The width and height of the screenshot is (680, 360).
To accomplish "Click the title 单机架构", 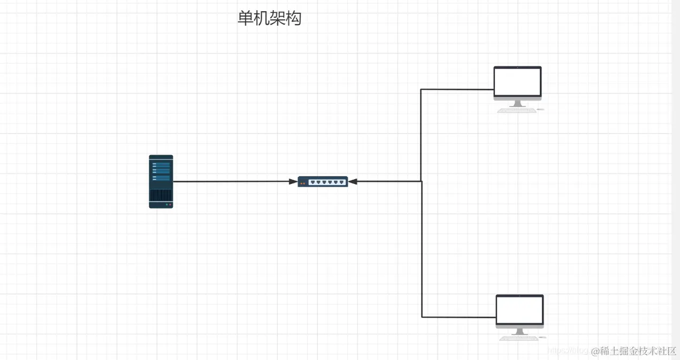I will pos(269,18).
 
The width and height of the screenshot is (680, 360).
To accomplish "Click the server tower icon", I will pos(161,181).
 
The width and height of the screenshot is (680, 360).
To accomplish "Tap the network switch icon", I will pos(323,182).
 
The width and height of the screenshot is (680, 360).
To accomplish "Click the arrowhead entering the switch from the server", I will pos(293,182).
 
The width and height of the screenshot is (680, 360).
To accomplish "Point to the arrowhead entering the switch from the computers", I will pos(353,182).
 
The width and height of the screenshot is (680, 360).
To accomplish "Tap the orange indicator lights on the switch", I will pos(302,183).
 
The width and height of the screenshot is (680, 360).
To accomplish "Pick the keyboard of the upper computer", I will pos(516,110).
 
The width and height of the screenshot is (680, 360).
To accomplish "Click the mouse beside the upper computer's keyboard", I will pos(540,110).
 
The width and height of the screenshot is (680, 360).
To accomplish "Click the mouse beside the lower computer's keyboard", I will pos(543,338).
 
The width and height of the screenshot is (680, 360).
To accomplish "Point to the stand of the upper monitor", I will pos(517,104).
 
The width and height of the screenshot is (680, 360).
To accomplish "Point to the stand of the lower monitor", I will pos(519,332).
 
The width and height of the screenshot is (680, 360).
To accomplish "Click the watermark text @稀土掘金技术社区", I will pos(633,351).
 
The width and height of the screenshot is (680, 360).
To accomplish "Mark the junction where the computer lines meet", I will pos(422,181).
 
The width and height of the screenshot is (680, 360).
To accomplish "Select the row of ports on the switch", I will pos(327,182).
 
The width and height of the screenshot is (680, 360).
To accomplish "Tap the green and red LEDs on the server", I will pos(169,204).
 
